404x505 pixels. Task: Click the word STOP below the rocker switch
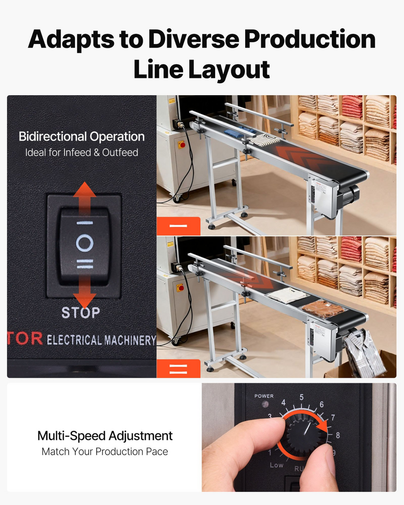click(x=80, y=312)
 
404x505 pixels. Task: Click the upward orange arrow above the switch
click(x=84, y=198)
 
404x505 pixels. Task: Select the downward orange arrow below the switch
click(x=84, y=291)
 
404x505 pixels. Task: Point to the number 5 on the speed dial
click(x=301, y=397)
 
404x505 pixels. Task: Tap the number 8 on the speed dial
click(x=337, y=435)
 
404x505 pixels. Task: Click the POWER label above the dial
click(x=264, y=396)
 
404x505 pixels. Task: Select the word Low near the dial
click(x=276, y=465)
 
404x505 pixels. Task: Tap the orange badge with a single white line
click(x=179, y=226)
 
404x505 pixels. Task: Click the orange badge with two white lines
click(x=179, y=369)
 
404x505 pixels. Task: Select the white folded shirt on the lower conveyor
click(x=287, y=295)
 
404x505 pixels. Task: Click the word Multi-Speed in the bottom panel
click(x=71, y=436)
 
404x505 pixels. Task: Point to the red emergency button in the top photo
click(x=183, y=144)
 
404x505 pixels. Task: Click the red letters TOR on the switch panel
click(x=25, y=338)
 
